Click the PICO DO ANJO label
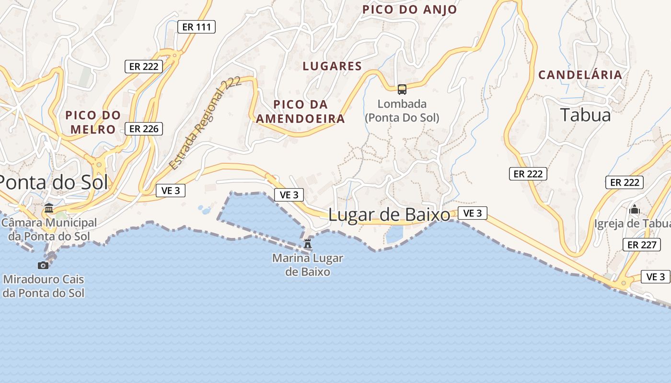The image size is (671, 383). tap(409, 10)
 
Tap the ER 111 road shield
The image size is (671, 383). tap(197, 27)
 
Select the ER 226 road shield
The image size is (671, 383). tap(144, 128)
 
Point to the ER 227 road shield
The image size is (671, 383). tap(641, 245)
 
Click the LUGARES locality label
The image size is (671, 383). tap(332, 66)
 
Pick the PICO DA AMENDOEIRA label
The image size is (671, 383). tap(301, 112)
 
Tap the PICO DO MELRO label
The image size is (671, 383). tap(93, 122)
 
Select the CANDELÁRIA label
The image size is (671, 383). tap(580, 75)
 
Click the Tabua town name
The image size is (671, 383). tap(586, 115)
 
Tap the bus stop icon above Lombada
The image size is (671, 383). tap(402, 89)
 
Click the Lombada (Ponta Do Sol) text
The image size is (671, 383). tap(402, 111)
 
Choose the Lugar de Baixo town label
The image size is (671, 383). tap(389, 215)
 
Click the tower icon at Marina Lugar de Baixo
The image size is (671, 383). tap(308, 244)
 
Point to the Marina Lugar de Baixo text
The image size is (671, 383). tap(308, 265)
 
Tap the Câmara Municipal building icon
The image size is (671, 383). tap(49, 208)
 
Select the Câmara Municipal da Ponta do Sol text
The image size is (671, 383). tap(49, 229)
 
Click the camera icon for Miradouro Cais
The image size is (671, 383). tap(43, 265)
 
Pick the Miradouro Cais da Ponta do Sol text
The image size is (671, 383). tap(43, 286)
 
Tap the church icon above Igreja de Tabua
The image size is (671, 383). tap(635, 209)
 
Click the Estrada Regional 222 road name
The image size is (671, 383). tap(205, 123)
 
